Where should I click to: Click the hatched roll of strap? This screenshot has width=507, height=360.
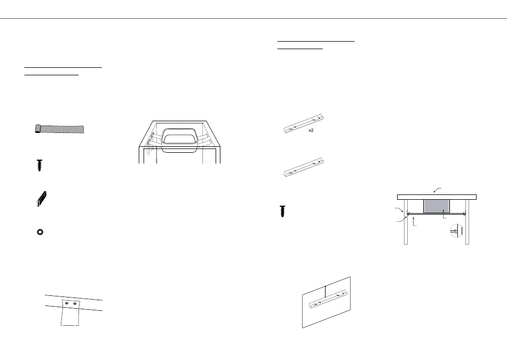(59, 129)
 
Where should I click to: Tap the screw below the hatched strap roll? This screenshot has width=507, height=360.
(39, 165)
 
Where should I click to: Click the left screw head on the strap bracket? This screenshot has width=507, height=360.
(66, 304)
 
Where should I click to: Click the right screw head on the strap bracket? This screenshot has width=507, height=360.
(75, 304)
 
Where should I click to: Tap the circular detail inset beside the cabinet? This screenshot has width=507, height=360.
(455, 230)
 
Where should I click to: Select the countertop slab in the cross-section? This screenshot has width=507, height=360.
(437, 197)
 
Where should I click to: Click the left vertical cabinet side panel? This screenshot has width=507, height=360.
(406, 222)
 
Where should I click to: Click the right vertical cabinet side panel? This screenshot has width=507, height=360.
(468, 222)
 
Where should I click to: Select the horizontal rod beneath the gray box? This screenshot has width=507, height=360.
(436, 215)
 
